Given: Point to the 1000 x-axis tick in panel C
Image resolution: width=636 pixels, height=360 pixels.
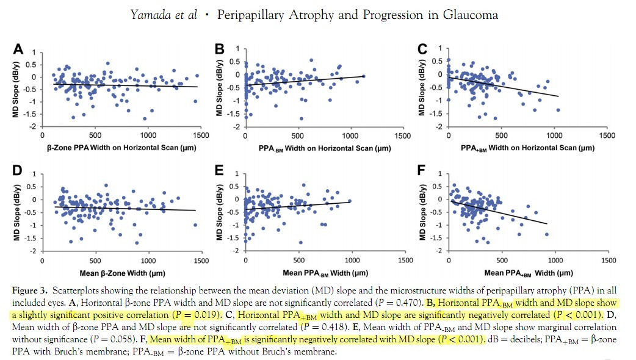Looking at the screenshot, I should [555, 135].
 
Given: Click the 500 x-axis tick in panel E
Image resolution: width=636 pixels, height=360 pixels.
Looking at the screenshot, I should [298, 260].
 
